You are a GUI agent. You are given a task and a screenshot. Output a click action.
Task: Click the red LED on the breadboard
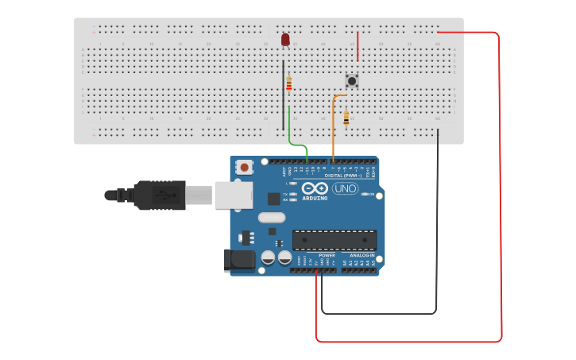285,40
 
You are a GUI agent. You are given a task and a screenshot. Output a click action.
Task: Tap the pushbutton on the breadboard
352,80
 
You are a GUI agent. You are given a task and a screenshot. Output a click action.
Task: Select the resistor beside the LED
289,83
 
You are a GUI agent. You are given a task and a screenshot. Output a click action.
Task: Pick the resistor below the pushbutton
346,118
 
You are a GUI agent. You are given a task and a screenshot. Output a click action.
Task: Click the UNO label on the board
345,188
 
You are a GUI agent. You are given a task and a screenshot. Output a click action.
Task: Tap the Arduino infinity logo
315,189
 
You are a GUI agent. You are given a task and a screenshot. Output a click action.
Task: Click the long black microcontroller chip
334,240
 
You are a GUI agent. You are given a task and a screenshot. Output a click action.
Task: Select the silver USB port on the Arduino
234,195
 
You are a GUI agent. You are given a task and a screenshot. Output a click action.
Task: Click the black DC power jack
242,260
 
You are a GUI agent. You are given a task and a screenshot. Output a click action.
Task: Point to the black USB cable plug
159,195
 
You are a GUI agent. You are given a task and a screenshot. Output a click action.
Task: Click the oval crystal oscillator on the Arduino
271,217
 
